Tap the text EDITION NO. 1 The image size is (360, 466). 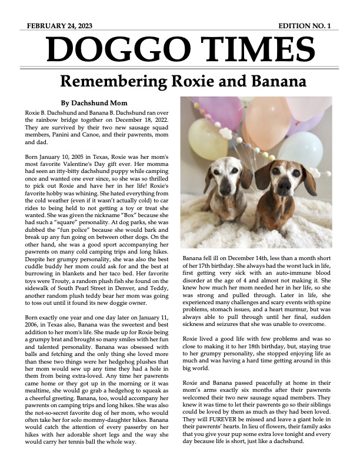[x=305, y=26]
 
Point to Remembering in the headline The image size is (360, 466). [x=120, y=80]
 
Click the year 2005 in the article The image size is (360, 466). [x=85, y=158]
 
